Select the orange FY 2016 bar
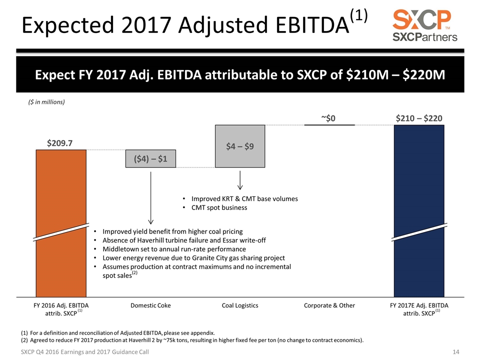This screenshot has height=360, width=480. (61, 200)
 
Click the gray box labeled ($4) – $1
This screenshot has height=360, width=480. (150, 159)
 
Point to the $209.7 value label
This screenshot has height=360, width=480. (60, 142)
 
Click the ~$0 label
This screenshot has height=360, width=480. (328, 118)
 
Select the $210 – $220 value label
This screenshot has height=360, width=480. (419, 118)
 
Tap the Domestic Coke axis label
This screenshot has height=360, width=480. (150, 305)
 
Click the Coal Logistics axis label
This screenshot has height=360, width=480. (240, 305)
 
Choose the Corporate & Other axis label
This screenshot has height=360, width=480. (329, 305)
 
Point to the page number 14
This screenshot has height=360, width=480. (455, 352)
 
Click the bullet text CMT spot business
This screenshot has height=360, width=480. (218, 207)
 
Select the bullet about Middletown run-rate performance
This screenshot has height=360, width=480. (174, 248)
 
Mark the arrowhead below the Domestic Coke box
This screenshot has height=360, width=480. (150, 221)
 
